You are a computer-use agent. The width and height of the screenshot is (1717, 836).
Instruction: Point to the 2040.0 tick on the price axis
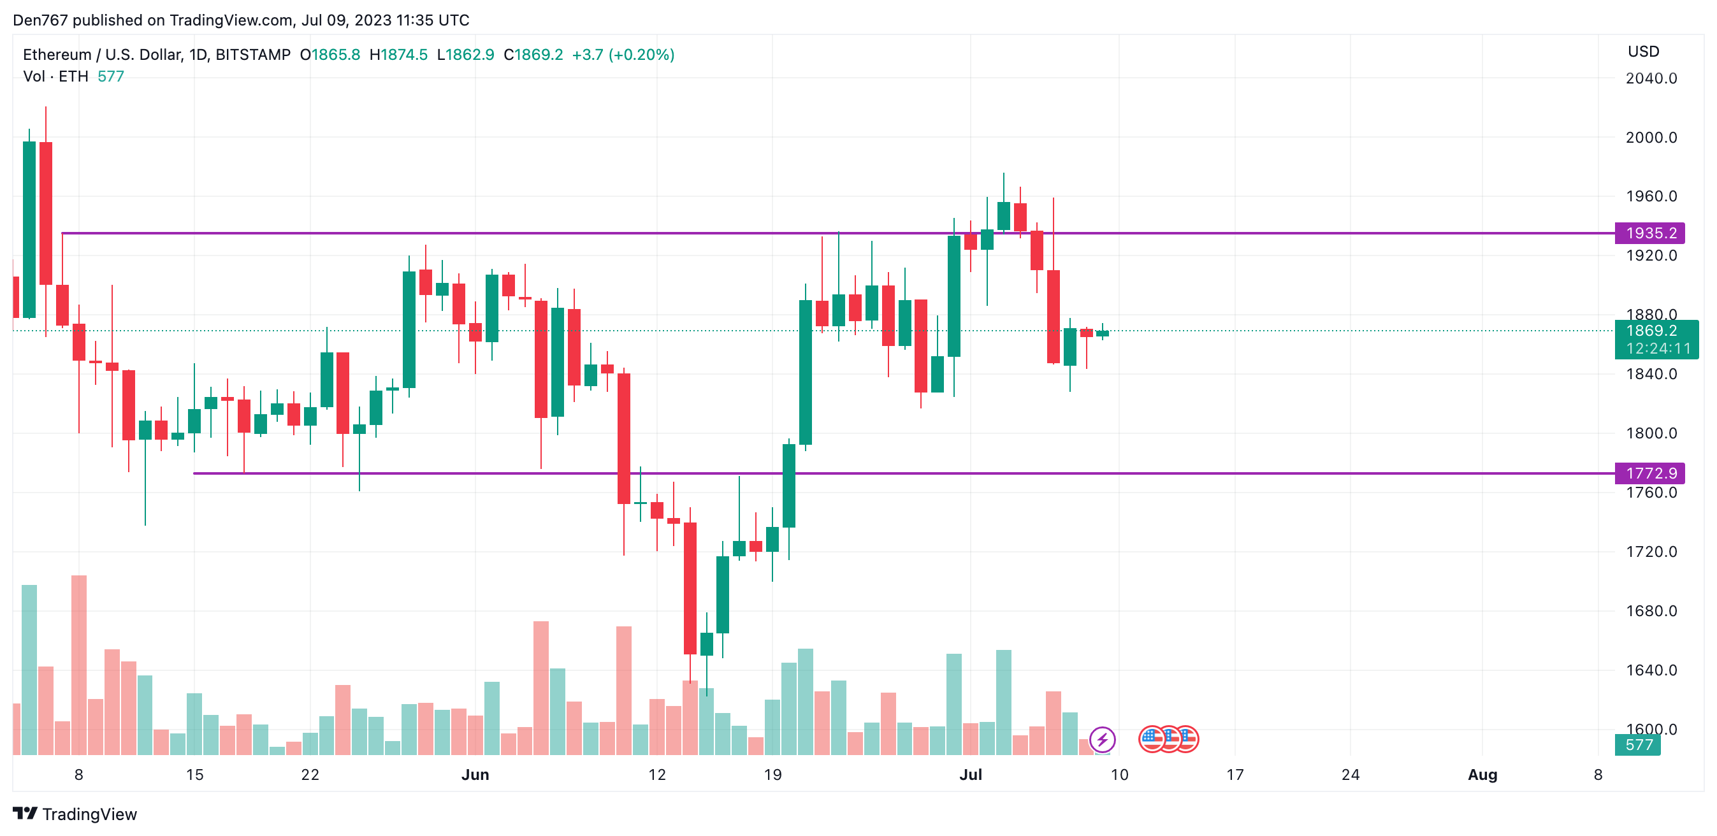(1650, 78)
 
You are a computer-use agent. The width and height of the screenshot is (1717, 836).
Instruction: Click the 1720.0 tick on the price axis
(1650, 552)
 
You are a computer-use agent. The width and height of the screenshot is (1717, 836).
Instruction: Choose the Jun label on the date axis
(475, 775)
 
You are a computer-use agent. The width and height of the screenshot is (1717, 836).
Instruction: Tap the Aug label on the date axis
(1482, 775)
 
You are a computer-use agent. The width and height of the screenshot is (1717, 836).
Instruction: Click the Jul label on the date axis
(971, 775)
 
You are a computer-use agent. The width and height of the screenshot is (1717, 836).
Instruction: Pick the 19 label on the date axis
(772, 775)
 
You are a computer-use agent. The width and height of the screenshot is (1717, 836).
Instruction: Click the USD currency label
(1643, 51)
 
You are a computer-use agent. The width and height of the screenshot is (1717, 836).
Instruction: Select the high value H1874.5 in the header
(398, 55)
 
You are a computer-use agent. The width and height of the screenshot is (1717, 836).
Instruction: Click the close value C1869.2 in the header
(533, 55)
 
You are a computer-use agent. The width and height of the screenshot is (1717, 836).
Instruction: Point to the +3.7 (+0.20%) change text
(623, 55)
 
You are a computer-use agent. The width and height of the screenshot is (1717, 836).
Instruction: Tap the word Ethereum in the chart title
(57, 55)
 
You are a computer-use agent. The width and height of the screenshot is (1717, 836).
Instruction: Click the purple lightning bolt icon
(1102, 739)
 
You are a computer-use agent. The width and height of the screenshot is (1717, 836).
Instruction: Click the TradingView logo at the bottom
(75, 814)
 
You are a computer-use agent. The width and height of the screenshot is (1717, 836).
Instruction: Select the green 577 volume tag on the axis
(1638, 745)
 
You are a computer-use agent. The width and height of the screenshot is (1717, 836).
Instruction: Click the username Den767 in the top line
(40, 20)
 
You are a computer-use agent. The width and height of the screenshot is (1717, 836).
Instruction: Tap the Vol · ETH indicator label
(55, 76)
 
